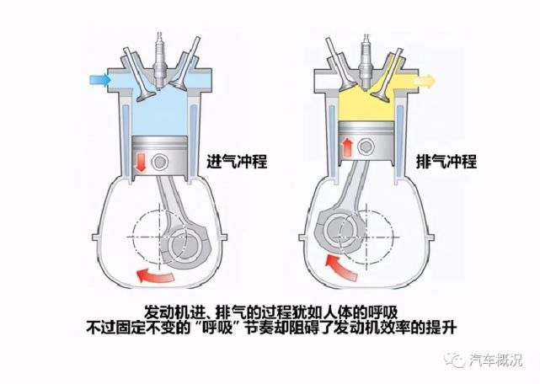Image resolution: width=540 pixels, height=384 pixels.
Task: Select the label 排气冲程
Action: (x=446, y=160)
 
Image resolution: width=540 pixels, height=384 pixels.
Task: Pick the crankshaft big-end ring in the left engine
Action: (x=183, y=247)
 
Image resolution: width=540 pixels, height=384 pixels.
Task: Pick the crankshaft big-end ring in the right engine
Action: (x=340, y=228)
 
